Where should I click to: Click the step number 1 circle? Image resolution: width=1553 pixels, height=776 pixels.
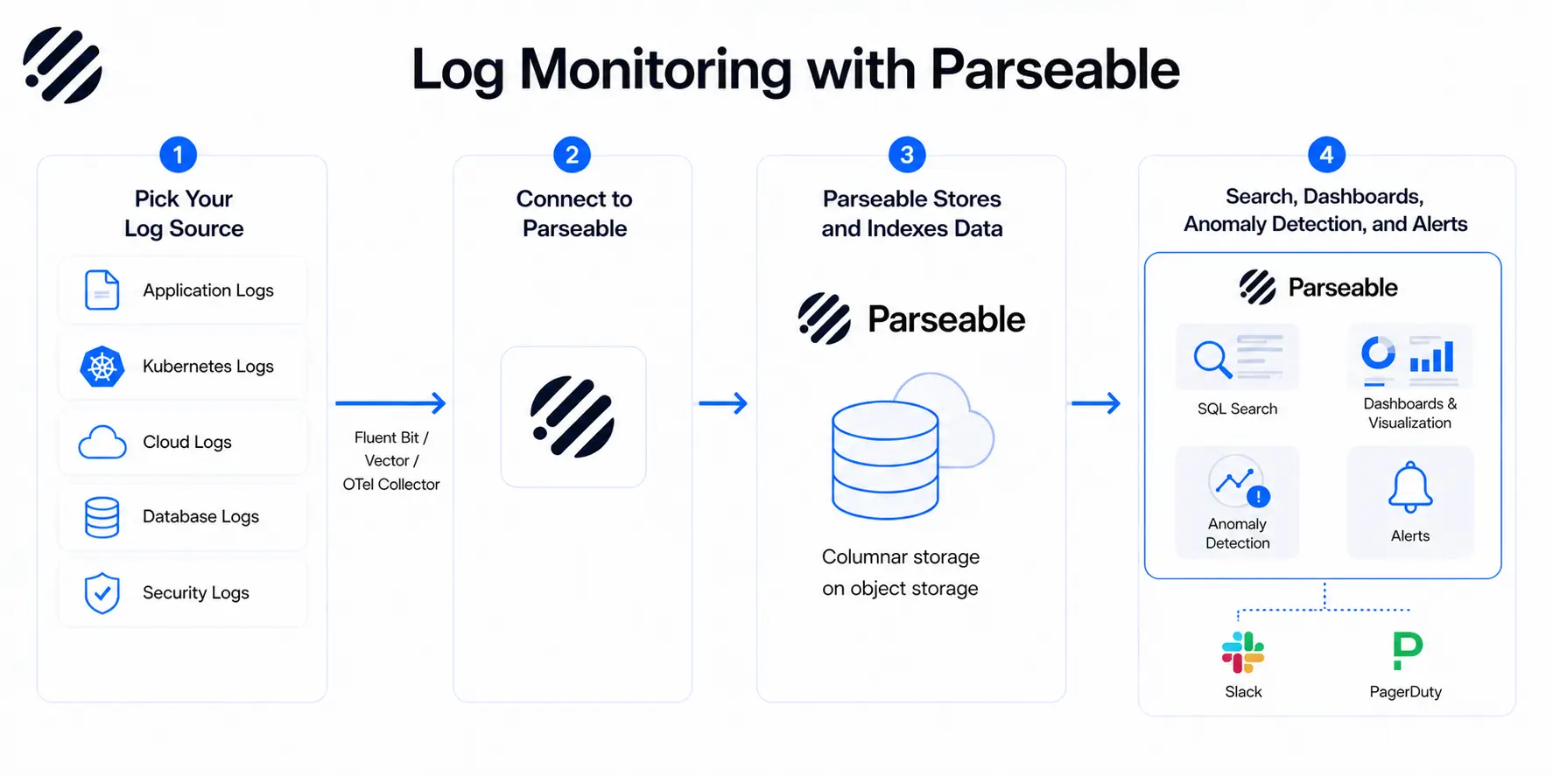(x=179, y=155)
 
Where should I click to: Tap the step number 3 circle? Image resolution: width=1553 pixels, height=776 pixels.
(x=907, y=155)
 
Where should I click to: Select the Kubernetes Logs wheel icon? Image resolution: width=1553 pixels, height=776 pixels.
(x=102, y=367)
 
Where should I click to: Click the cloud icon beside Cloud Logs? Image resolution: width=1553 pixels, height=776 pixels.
(x=102, y=443)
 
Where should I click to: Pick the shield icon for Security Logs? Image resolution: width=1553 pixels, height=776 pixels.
(x=102, y=593)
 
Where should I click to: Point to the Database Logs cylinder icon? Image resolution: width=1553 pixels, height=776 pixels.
(x=102, y=517)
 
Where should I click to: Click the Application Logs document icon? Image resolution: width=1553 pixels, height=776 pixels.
(x=102, y=290)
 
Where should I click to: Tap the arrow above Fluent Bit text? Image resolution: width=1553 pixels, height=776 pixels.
(x=390, y=403)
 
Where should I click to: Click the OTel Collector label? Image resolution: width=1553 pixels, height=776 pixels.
(x=391, y=485)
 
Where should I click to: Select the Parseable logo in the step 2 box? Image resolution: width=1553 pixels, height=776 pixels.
(x=573, y=417)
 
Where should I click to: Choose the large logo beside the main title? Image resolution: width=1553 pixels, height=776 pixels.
(x=63, y=66)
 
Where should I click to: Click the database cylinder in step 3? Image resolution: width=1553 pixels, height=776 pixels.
(x=885, y=459)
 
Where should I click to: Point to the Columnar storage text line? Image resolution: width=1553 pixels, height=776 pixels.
(x=901, y=557)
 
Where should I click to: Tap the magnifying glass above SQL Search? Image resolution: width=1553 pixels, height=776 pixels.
(x=1212, y=358)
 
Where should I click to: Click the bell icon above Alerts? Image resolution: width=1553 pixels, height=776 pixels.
(x=1410, y=486)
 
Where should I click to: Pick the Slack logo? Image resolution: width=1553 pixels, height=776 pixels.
(x=1243, y=653)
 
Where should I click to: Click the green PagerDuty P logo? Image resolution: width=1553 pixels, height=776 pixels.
(x=1407, y=651)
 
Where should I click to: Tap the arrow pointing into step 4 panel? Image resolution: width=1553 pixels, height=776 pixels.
(x=1096, y=403)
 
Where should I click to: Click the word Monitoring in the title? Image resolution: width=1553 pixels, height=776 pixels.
(x=656, y=70)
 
